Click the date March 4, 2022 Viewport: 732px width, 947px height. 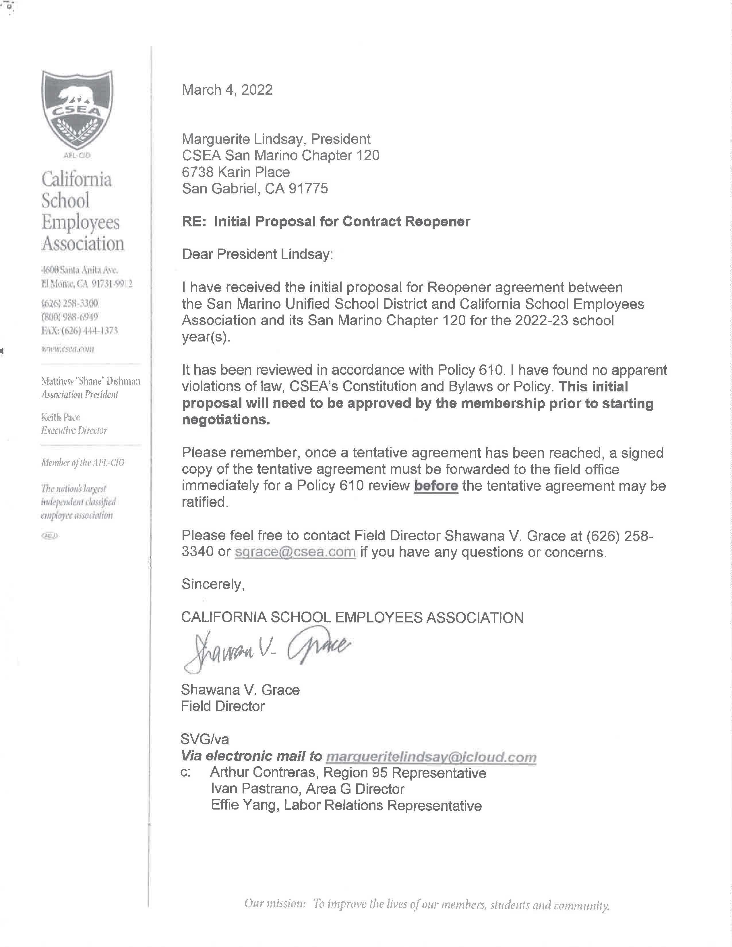(227, 90)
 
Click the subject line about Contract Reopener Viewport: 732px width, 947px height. (326, 222)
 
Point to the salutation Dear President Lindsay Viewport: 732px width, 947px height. (257, 254)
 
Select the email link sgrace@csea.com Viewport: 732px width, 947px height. (295, 552)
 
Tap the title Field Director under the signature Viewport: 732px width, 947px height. (222, 706)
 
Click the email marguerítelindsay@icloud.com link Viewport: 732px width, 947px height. (431, 757)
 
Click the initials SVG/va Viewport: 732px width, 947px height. (205, 739)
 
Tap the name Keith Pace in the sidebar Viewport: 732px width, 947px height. (61, 417)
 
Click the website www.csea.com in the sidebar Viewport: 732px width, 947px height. (68, 349)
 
